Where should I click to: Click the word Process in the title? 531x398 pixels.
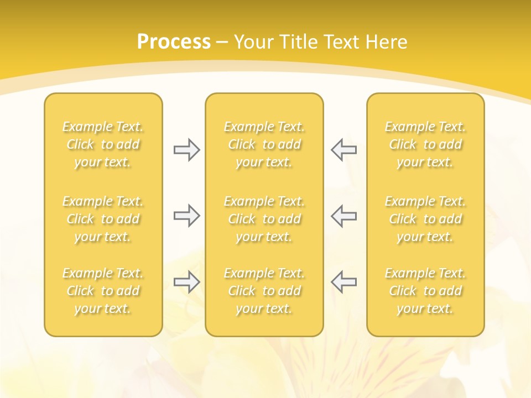[174, 42]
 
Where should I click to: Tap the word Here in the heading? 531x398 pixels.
[386, 42]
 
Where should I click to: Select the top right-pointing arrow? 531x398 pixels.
[186, 150]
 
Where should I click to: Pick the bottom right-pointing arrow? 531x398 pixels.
[186, 282]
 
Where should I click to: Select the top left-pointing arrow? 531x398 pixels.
[343, 150]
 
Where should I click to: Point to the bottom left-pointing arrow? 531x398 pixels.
[343, 282]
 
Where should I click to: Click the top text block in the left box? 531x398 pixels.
[103, 144]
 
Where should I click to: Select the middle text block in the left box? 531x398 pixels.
[103, 219]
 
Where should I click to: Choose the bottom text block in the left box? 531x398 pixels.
[103, 291]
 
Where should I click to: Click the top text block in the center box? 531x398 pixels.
[264, 144]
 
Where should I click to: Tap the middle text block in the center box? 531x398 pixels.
[264, 219]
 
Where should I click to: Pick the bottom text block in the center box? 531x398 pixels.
[264, 291]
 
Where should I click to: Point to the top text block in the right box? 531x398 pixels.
[425, 144]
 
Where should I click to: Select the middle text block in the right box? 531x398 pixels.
[425, 219]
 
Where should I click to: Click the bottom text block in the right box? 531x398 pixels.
[425, 291]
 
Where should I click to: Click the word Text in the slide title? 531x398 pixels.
[339, 42]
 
